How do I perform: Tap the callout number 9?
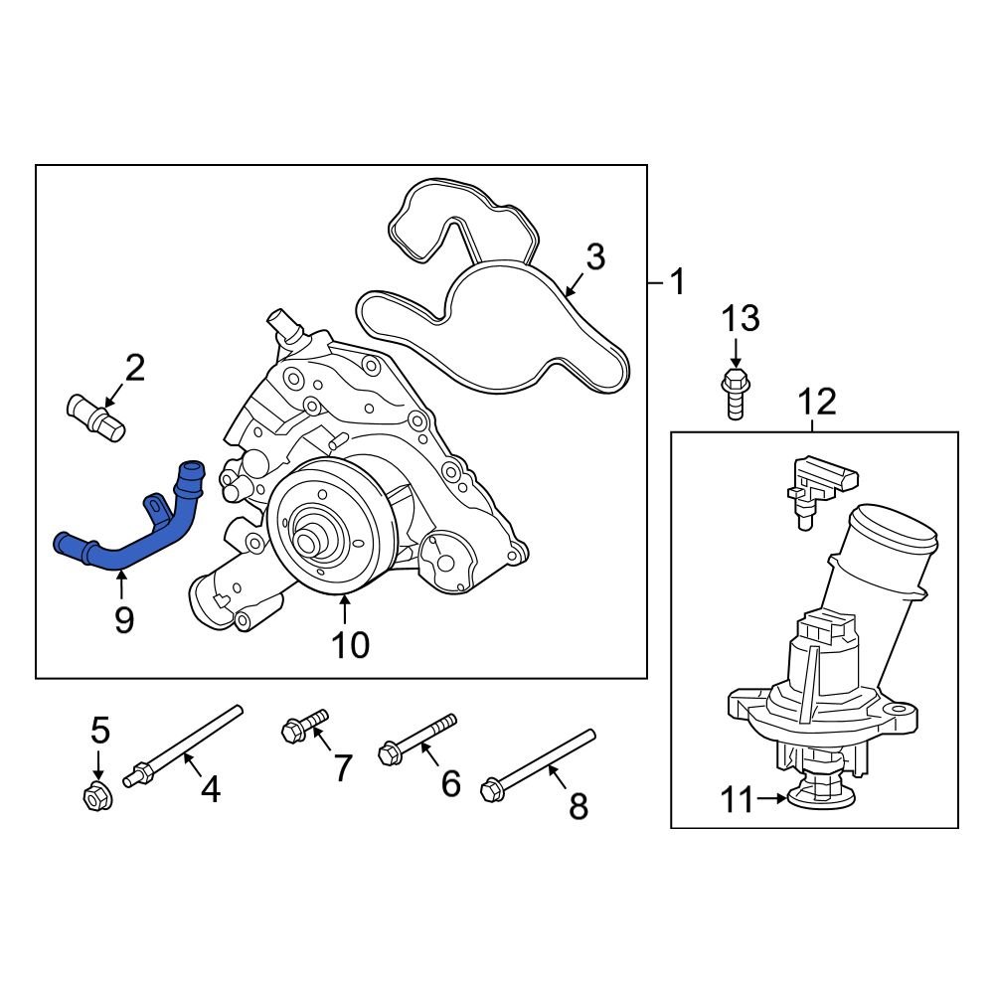(123, 620)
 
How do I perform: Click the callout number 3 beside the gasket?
(594, 257)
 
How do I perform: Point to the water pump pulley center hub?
(314, 543)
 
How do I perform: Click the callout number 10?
(350, 644)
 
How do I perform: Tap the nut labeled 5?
(97, 795)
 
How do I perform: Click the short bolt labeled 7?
(304, 725)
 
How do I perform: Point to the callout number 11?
(737, 799)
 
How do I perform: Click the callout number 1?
(676, 283)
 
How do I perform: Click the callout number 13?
(740, 318)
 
